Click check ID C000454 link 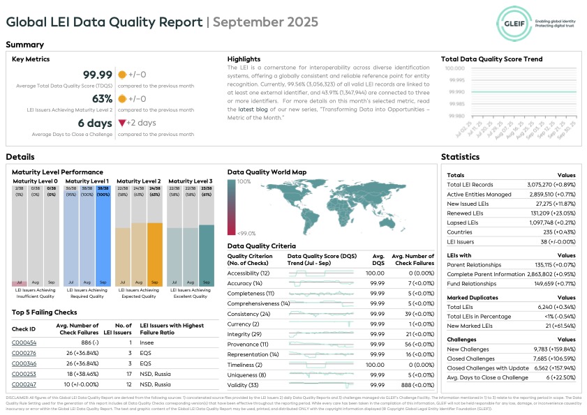point(24,342)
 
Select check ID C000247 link point(24,384)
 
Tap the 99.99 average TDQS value point(98,75)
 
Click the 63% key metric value point(102,99)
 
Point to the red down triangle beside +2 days point(121,123)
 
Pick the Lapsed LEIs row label point(462,222)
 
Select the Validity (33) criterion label point(243,385)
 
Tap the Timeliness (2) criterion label point(245,365)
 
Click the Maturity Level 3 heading point(190,181)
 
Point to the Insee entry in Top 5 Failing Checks point(146,342)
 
